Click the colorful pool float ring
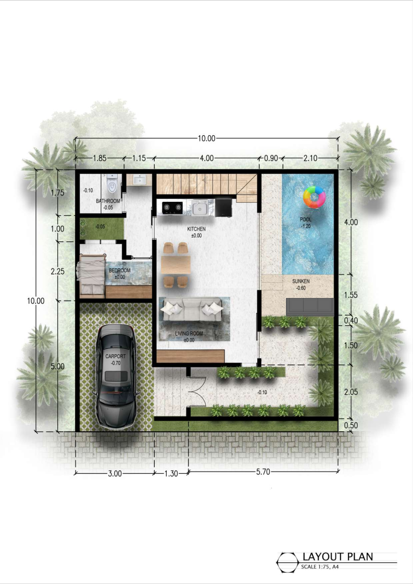314,197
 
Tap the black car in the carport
116,376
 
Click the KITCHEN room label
196,229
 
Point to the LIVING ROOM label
189,333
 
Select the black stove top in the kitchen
172,207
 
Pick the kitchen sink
201,207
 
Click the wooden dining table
176,265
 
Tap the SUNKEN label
301,281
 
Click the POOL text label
306,219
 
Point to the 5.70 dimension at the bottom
263,472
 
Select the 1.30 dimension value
171,474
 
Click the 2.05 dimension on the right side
351,392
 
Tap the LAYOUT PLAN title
337,556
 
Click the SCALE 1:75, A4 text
320,567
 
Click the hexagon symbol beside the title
287,562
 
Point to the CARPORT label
116,356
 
